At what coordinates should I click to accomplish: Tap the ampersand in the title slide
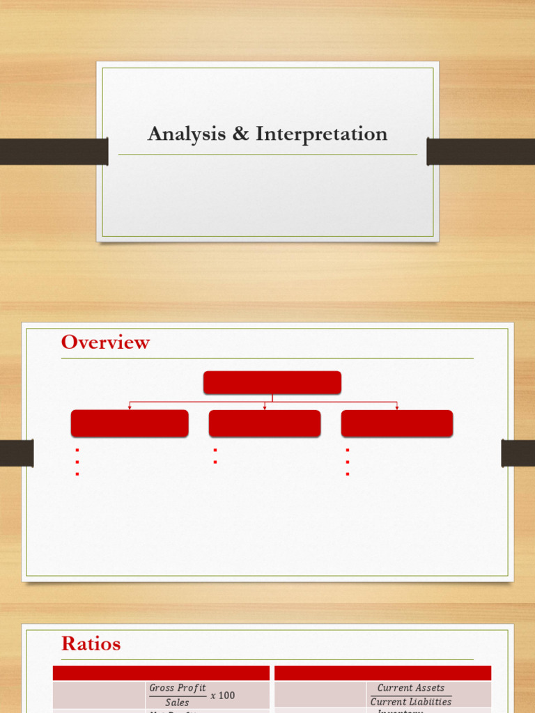click(240, 134)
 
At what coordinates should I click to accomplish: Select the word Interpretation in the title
click(321, 134)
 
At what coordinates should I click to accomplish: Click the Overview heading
click(105, 343)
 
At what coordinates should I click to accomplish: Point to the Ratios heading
click(91, 644)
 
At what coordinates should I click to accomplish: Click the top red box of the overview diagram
click(272, 382)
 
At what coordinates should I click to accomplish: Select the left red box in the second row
click(130, 423)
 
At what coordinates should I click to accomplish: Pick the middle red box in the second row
click(265, 423)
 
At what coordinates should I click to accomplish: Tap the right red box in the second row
click(397, 423)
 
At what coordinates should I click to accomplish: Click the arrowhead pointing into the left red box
click(130, 407)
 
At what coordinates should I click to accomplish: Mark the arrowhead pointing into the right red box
click(397, 407)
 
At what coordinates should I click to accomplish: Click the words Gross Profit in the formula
click(178, 688)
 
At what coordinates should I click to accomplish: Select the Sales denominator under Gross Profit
click(177, 703)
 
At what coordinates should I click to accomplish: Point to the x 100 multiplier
click(223, 696)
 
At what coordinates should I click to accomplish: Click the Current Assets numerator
click(410, 688)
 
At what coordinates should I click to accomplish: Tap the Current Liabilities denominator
click(410, 702)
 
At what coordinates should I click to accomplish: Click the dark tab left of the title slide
click(54, 151)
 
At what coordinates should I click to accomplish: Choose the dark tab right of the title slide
click(481, 151)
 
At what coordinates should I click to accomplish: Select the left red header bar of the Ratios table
click(161, 673)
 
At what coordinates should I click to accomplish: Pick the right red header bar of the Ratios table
click(382, 673)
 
